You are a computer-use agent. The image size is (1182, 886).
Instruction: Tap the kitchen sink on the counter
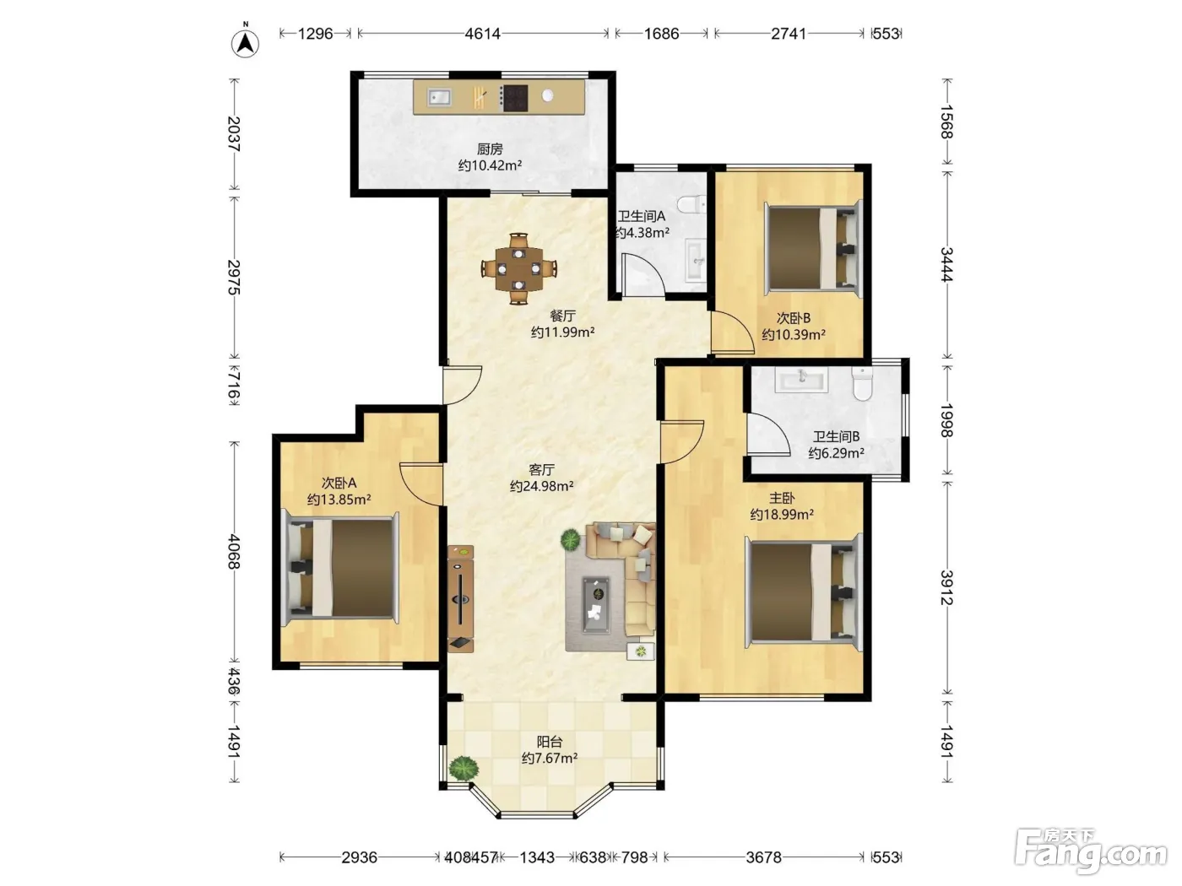pos(439,97)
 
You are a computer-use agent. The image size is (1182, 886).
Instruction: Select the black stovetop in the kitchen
pos(514,99)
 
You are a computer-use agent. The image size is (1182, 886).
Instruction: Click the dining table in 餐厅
pos(518,267)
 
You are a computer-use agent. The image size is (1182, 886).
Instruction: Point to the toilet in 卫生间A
pos(691,204)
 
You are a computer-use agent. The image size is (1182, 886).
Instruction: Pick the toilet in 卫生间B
pos(862,383)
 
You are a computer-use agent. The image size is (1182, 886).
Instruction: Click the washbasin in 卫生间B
pos(800,380)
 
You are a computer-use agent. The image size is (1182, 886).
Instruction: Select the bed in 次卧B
pos(814,248)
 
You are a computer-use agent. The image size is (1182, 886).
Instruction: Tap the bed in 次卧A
pos(340,568)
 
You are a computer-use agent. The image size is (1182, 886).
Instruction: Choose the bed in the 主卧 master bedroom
pos(804,592)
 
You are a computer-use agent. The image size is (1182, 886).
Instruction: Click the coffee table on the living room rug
pos(597,606)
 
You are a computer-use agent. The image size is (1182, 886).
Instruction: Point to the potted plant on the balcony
pos(464,768)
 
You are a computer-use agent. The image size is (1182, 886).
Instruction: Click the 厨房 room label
pos(490,149)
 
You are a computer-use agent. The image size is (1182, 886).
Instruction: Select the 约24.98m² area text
pos(541,486)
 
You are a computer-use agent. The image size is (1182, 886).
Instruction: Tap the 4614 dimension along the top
pos(482,34)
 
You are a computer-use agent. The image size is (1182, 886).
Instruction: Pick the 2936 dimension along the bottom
pos(359,857)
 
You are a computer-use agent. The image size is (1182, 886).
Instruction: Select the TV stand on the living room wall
pos(460,599)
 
